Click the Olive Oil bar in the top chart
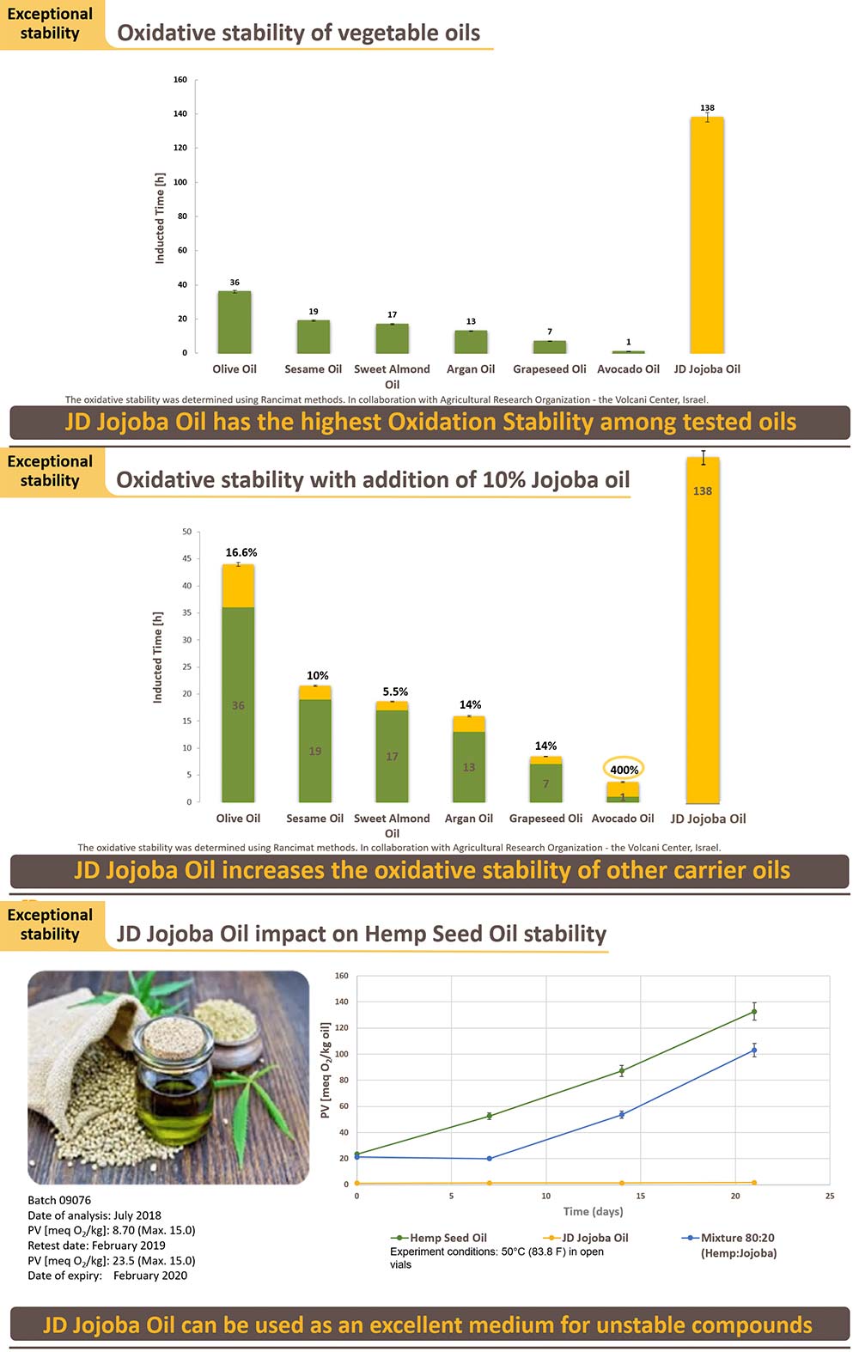(x=235, y=322)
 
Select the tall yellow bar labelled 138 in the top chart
(x=707, y=235)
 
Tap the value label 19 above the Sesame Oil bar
(x=314, y=312)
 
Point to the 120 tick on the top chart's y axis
(x=180, y=148)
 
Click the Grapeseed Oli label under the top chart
(x=550, y=369)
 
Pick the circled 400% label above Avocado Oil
(x=624, y=770)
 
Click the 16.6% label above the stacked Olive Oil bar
(x=241, y=552)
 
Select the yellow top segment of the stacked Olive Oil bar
(x=238, y=586)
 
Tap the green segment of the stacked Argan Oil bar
(x=469, y=766)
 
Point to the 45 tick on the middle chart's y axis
(x=186, y=559)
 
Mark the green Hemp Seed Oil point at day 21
(x=754, y=1012)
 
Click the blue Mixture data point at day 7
(x=490, y=1159)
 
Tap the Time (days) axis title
(x=593, y=1211)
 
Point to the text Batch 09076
(x=59, y=1200)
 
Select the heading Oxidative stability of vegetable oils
(x=298, y=33)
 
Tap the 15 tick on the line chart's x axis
(x=641, y=1196)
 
